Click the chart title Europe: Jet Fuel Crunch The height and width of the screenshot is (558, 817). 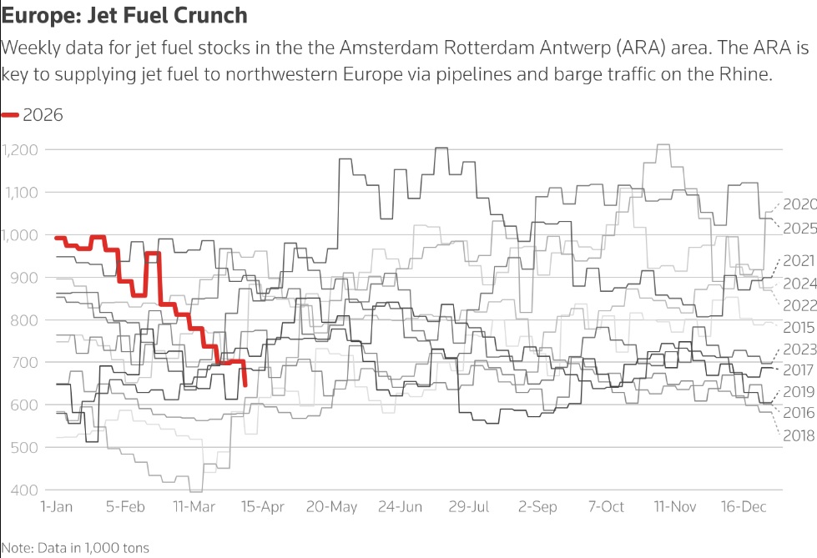(124, 15)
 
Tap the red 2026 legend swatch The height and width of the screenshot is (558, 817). (11, 115)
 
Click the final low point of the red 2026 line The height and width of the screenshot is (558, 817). (245, 385)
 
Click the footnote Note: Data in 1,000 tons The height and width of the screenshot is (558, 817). (75, 547)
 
